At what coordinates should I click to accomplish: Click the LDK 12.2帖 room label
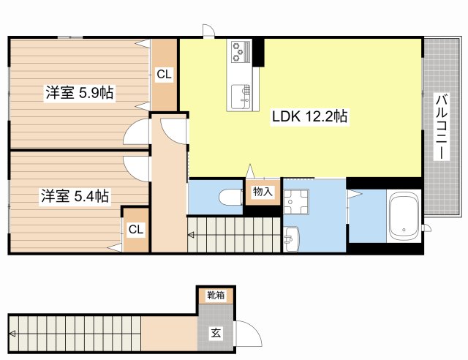click(x=309, y=116)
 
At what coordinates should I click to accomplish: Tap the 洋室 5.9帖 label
click(x=80, y=92)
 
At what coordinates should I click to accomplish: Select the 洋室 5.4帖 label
click(x=75, y=195)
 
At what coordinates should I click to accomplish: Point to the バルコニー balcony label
click(x=442, y=127)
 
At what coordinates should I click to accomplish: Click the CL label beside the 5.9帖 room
click(x=164, y=74)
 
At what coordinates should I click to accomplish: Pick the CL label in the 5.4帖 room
click(x=136, y=229)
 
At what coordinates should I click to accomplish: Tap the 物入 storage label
click(x=263, y=192)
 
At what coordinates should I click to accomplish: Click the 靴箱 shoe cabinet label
click(x=216, y=295)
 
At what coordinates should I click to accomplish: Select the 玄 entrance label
click(x=216, y=333)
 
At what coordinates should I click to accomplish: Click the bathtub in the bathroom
click(x=404, y=216)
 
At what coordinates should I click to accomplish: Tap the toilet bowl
click(x=231, y=197)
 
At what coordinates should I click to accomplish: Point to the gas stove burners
click(x=239, y=52)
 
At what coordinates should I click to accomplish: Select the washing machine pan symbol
click(x=295, y=201)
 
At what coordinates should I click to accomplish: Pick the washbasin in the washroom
click(x=292, y=239)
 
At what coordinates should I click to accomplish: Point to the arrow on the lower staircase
click(x=12, y=334)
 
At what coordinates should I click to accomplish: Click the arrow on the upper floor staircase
click(x=191, y=235)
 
